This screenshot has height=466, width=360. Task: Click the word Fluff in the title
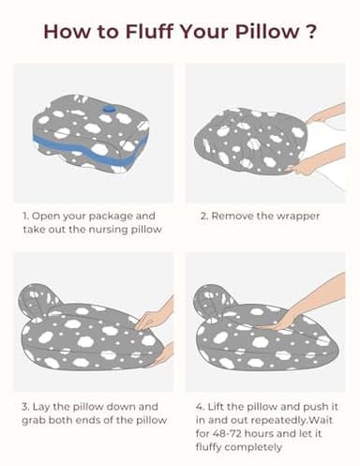[149, 31]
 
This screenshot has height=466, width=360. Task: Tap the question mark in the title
[310, 31]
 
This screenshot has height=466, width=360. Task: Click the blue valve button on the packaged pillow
[109, 109]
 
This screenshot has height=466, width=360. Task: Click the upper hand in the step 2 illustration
[325, 114]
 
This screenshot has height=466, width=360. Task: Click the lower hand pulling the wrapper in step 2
[316, 159]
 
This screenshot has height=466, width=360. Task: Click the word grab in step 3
[34, 421]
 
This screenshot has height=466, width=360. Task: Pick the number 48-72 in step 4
[226, 433]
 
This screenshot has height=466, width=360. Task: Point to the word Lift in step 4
[216, 407]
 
